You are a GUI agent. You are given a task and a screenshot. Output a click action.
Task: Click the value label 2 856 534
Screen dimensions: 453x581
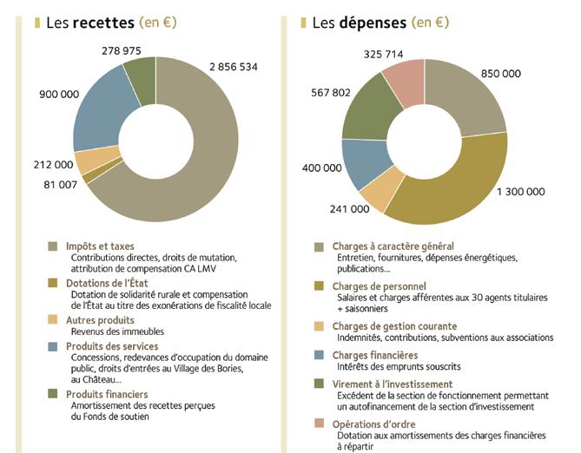pos(233,66)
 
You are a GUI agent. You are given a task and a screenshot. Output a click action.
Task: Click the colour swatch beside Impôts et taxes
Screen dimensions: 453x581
pos(53,246)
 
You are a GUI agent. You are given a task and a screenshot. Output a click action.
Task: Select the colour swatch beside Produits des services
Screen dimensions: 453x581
pos(53,347)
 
